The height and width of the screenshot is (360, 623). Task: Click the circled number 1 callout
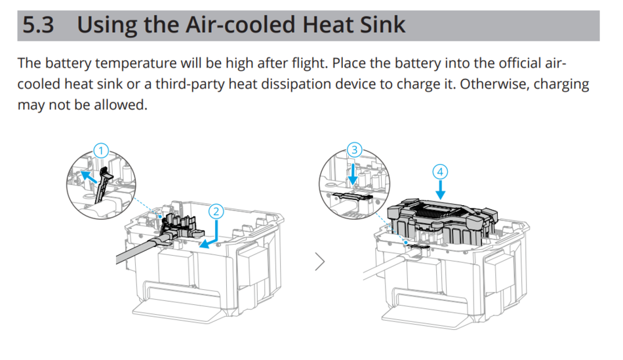(100, 150)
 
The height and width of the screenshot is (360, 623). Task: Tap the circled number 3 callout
(355, 150)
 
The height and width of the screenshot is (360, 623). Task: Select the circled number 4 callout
(441, 172)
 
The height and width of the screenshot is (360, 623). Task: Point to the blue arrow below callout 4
(441, 191)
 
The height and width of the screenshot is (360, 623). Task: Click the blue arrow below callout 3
(354, 174)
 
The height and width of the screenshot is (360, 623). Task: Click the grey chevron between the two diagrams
(320, 262)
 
